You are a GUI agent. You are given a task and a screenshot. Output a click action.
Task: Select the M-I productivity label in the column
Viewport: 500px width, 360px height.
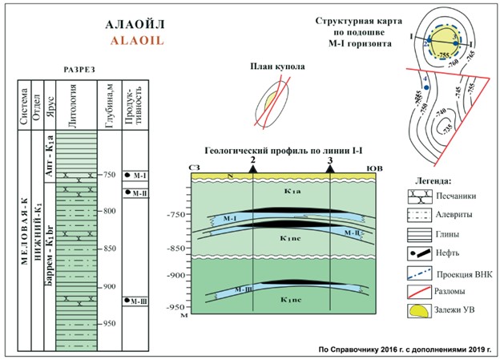click(137, 175)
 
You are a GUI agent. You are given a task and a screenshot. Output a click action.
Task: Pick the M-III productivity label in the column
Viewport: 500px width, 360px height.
click(137, 301)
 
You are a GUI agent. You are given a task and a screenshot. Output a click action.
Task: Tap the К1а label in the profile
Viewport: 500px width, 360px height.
click(292, 191)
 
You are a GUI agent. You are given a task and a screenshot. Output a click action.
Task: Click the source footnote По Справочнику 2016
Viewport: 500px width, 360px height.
click(405, 350)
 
